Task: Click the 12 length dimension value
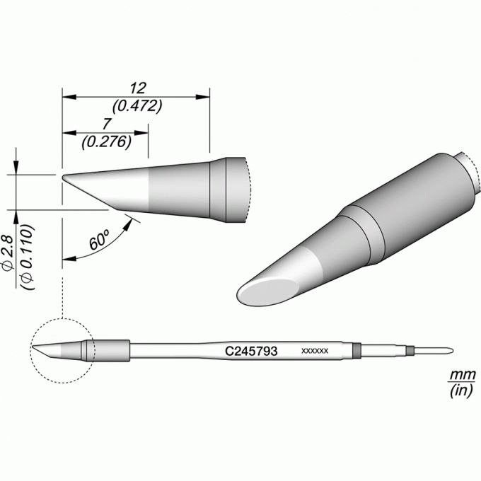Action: click(138, 88)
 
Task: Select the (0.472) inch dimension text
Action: click(137, 106)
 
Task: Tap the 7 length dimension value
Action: click(106, 124)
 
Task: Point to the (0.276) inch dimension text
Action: click(106, 142)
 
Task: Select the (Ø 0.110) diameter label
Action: click(27, 257)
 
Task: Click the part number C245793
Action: click(251, 351)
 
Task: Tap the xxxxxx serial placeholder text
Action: click(315, 351)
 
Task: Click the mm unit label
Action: click(463, 375)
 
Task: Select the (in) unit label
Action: click(462, 390)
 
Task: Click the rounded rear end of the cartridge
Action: click(451, 351)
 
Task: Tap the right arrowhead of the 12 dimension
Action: click(203, 97)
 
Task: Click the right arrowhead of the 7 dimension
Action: click(141, 133)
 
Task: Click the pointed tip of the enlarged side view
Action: click(62, 178)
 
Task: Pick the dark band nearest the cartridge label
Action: click(356, 351)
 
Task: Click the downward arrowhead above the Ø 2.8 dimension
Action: click(16, 168)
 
